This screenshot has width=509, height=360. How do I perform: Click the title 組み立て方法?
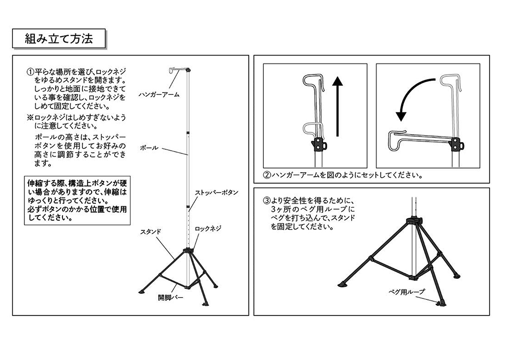click(x=59, y=38)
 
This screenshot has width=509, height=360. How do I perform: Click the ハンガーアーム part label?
click(x=159, y=94)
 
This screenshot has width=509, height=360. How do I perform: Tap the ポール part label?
click(x=149, y=148)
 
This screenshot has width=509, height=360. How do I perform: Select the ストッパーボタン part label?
click(x=217, y=192)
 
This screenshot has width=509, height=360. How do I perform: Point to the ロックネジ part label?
click(x=208, y=229)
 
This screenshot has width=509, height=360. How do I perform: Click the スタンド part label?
click(x=150, y=232)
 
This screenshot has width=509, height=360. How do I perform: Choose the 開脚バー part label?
click(x=170, y=298)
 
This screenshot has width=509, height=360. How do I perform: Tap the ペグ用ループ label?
click(x=406, y=292)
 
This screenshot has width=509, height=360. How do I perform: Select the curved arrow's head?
click(x=401, y=116)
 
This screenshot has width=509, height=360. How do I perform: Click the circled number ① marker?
click(x=30, y=71)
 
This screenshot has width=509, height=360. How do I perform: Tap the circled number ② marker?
click(x=267, y=175)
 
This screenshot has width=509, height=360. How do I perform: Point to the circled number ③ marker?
click(x=267, y=200)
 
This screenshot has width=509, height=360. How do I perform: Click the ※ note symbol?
click(x=30, y=117)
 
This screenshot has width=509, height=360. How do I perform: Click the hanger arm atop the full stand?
click(x=179, y=69)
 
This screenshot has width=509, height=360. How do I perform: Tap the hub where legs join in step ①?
click(x=187, y=251)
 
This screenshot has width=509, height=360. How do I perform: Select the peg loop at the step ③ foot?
click(x=441, y=303)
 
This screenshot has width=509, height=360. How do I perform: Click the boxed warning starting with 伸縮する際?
click(x=77, y=201)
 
